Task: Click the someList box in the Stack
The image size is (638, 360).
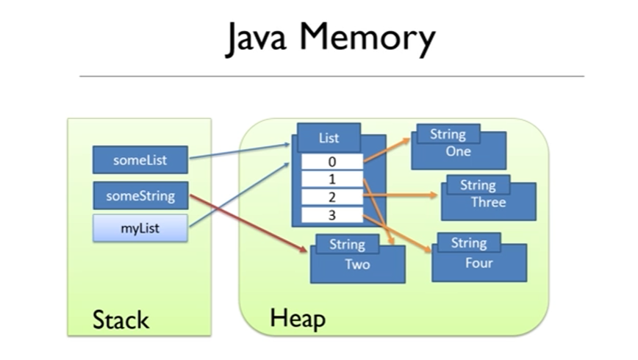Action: coord(140,160)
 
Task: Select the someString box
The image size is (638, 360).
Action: coord(140,195)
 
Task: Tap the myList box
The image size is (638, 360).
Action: coord(140,228)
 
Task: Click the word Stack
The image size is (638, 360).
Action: coord(121,320)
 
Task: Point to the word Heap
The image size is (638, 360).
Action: coord(298,318)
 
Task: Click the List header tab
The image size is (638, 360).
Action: coord(329,138)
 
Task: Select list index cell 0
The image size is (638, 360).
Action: coord(332,162)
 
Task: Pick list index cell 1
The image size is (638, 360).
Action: coord(332,179)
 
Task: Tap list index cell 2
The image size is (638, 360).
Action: coord(332,197)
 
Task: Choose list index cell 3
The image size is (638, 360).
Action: coord(332,215)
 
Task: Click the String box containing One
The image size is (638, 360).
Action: coord(459,151)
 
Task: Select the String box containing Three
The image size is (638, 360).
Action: coord(488,201)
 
